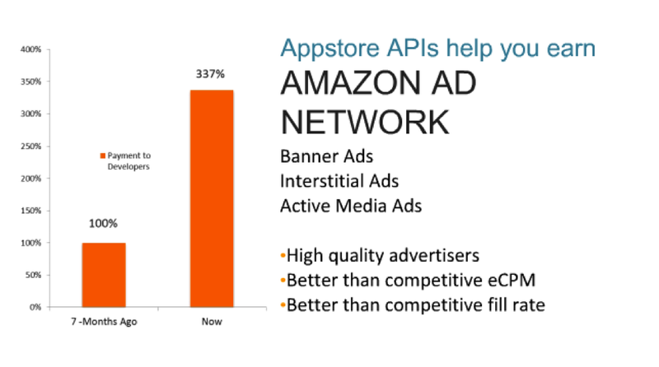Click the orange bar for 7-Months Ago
(104, 275)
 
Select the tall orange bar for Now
(212, 198)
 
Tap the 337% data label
(210, 74)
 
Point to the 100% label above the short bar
(103, 223)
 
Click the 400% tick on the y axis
(31, 49)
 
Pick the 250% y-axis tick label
(31, 146)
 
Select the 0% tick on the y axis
(35, 307)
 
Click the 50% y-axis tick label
(33, 275)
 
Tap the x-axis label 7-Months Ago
(104, 322)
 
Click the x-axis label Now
(212, 322)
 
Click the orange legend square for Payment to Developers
(102, 156)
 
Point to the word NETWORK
(365, 122)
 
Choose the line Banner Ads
(326, 156)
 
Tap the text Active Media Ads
(351, 206)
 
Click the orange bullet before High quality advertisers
(283, 255)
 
